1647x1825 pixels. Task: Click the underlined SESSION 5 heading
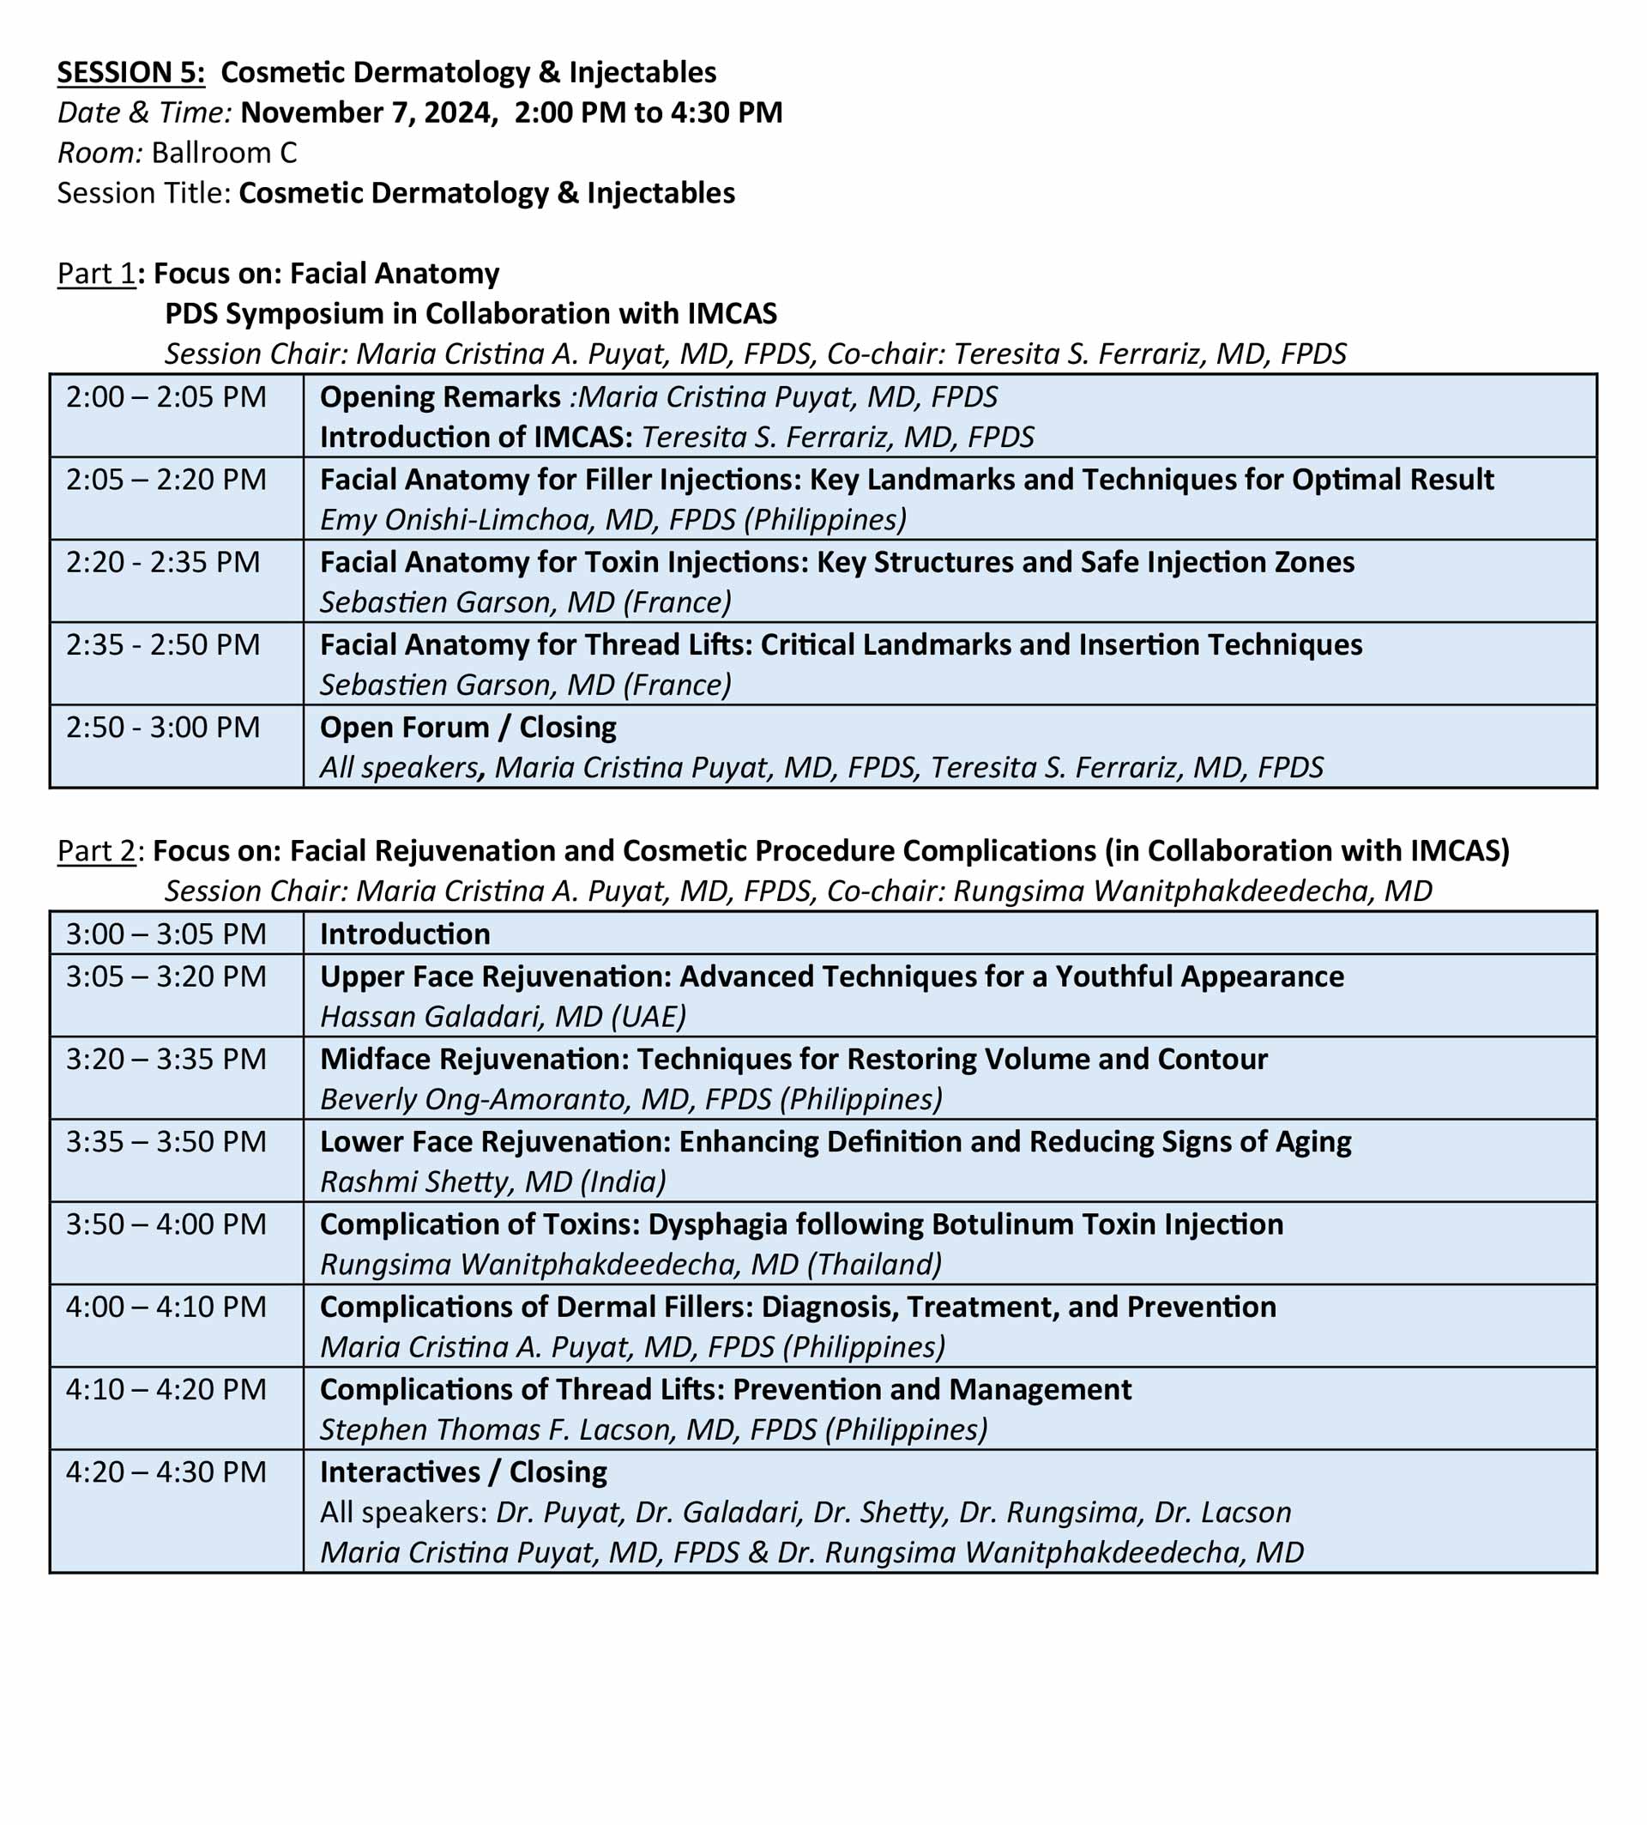pos(131,72)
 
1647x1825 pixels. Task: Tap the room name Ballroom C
pos(224,153)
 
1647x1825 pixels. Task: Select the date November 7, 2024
pos(368,112)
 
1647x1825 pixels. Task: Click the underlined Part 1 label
pos(96,274)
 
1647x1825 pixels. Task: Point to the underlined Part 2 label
pos(96,851)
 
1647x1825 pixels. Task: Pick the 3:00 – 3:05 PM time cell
pos(166,934)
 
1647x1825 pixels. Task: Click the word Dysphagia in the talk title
pos(718,1224)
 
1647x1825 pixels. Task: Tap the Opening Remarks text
pos(440,397)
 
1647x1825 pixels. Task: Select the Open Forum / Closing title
pos(468,728)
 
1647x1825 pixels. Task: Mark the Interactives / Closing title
pos(463,1473)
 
